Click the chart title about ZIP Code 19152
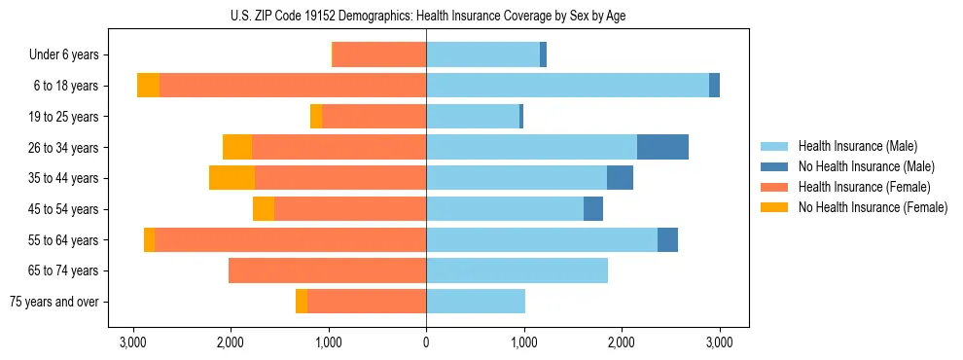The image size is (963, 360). (427, 14)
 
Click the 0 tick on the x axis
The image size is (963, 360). (426, 342)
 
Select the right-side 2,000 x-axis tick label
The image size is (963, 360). (622, 342)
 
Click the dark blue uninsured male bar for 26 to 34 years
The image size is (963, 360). (662, 147)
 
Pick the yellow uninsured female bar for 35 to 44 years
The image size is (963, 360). (232, 178)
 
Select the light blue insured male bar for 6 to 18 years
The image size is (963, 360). (567, 86)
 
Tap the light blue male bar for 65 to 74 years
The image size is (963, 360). (517, 270)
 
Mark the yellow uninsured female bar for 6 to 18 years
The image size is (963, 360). (148, 86)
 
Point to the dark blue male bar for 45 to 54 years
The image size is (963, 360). (593, 209)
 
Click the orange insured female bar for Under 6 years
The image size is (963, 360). (379, 55)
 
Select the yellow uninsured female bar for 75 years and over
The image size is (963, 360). (302, 302)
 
